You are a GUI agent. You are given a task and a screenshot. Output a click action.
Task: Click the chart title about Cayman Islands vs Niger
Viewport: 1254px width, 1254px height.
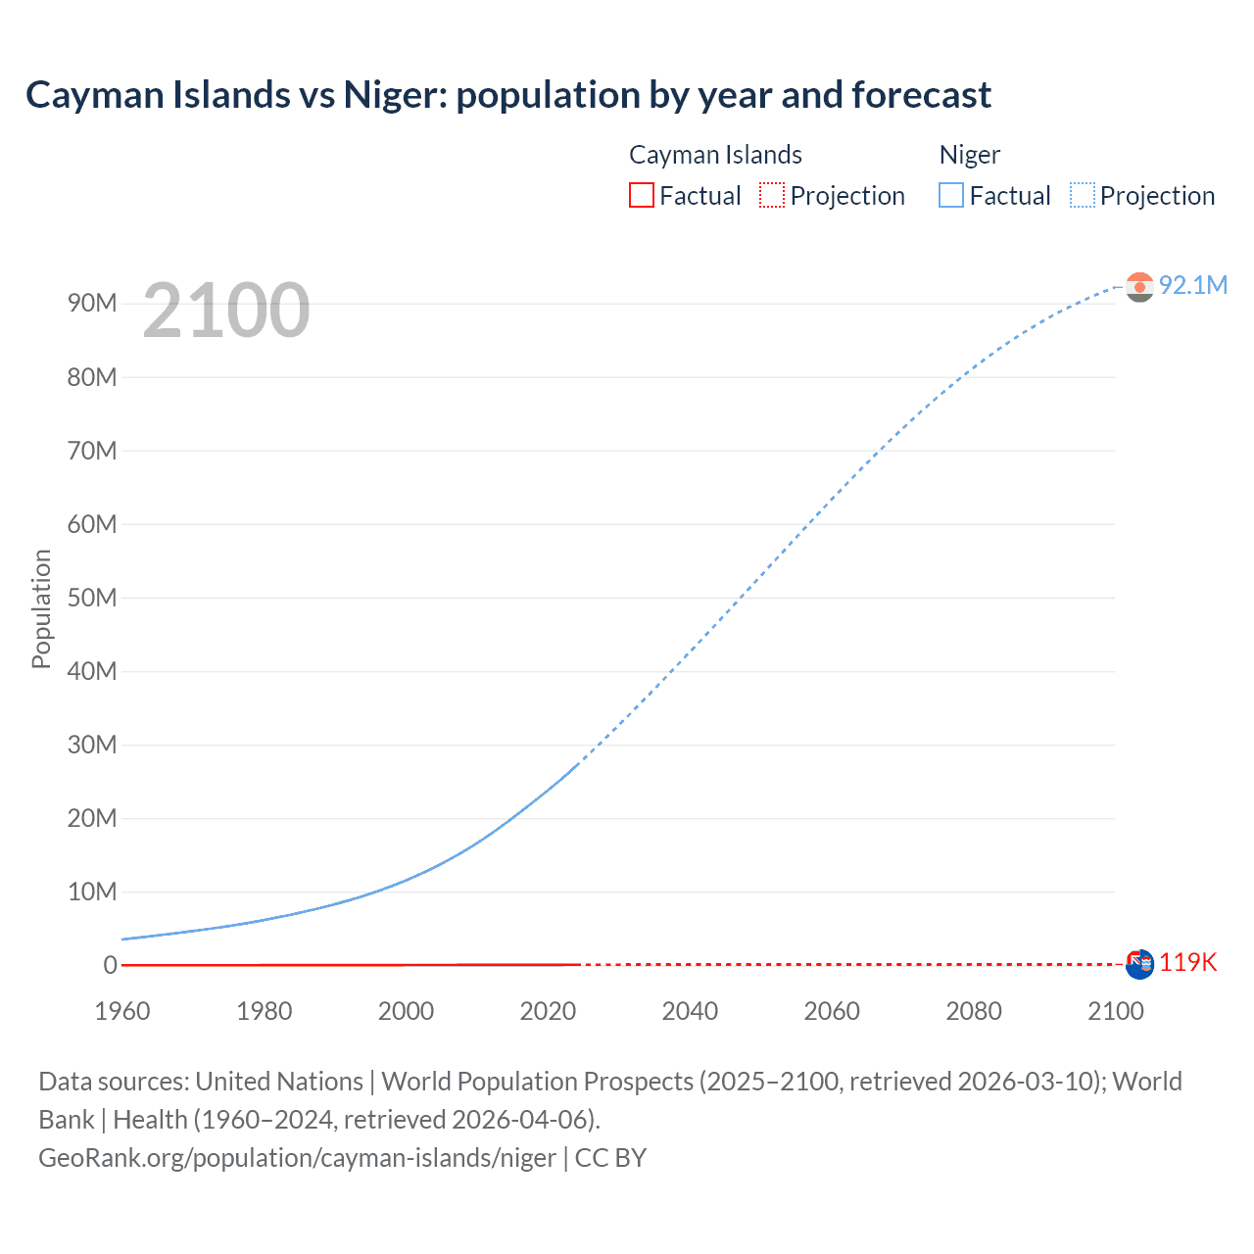point(508,95)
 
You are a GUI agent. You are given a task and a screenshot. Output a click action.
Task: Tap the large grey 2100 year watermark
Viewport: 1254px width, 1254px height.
point(226,311)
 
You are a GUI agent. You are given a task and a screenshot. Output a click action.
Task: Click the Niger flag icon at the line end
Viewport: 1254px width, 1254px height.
point(1139,286)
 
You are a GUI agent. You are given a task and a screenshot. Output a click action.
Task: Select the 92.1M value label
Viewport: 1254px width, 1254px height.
point(1192,285)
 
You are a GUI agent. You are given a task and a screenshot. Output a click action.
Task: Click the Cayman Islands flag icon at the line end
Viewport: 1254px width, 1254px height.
point(1139,964)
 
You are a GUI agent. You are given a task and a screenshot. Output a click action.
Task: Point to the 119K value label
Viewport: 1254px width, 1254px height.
point(1187,963)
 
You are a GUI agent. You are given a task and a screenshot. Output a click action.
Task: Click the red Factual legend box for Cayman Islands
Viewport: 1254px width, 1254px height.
point(642,196)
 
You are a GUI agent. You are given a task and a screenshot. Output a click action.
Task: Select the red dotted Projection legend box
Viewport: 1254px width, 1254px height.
point(772,196)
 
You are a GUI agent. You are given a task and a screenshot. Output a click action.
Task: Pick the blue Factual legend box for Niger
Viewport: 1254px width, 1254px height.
point(951,196)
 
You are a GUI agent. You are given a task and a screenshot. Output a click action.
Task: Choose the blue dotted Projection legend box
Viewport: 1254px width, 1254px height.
point(1083,196)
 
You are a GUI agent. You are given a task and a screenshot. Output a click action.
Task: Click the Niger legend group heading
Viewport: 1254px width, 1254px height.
point(969,155)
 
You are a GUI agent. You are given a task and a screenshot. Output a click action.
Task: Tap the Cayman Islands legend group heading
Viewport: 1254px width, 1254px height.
point(715,155)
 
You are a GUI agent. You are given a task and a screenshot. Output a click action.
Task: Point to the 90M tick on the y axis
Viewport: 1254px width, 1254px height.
point(92,304)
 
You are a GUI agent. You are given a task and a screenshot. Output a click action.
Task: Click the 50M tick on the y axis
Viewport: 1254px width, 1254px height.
point(92,598)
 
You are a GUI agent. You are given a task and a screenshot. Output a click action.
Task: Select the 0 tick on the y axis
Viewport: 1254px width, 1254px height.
point(110,965)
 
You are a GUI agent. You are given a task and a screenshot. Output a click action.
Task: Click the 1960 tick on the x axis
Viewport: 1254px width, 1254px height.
point(122,1011)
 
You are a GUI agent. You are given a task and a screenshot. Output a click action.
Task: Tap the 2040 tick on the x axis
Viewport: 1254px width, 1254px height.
point(690,1011)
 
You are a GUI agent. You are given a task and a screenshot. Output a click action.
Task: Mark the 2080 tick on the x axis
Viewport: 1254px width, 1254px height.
point(974,1011)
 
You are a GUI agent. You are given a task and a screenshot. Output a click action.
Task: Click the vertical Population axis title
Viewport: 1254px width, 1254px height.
point(41,608)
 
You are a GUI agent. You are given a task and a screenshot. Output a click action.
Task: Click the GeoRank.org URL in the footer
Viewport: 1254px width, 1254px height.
point(297,1158)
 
